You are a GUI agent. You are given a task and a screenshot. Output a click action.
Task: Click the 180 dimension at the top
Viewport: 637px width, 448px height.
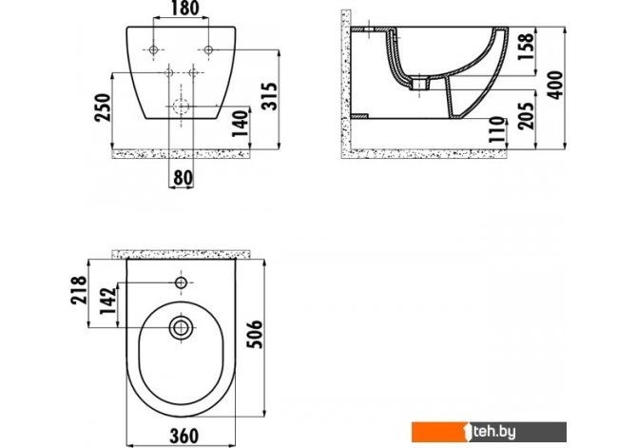click(184, 9)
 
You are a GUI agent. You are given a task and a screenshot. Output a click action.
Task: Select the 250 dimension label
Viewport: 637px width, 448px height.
click(103, 107)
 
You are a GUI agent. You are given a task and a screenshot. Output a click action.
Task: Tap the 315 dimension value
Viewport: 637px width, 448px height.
click(269, 96)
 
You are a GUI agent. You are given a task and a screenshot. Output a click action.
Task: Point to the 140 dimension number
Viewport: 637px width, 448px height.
click(241, 124)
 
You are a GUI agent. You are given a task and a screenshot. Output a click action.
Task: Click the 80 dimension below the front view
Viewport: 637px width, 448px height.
click(183, 177)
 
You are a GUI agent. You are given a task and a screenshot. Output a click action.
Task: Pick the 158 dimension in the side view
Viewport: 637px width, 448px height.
click(525, 47)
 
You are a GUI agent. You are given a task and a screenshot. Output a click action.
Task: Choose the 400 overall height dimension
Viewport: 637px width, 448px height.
click(555, 85)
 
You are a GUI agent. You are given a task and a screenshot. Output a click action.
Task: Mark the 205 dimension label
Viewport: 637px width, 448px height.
click(526, 116)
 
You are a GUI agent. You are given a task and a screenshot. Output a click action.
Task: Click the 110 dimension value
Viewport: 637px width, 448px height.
click(497, 129)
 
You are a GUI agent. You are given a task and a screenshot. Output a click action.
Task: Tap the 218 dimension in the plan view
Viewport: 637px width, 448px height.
click(79, 290)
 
